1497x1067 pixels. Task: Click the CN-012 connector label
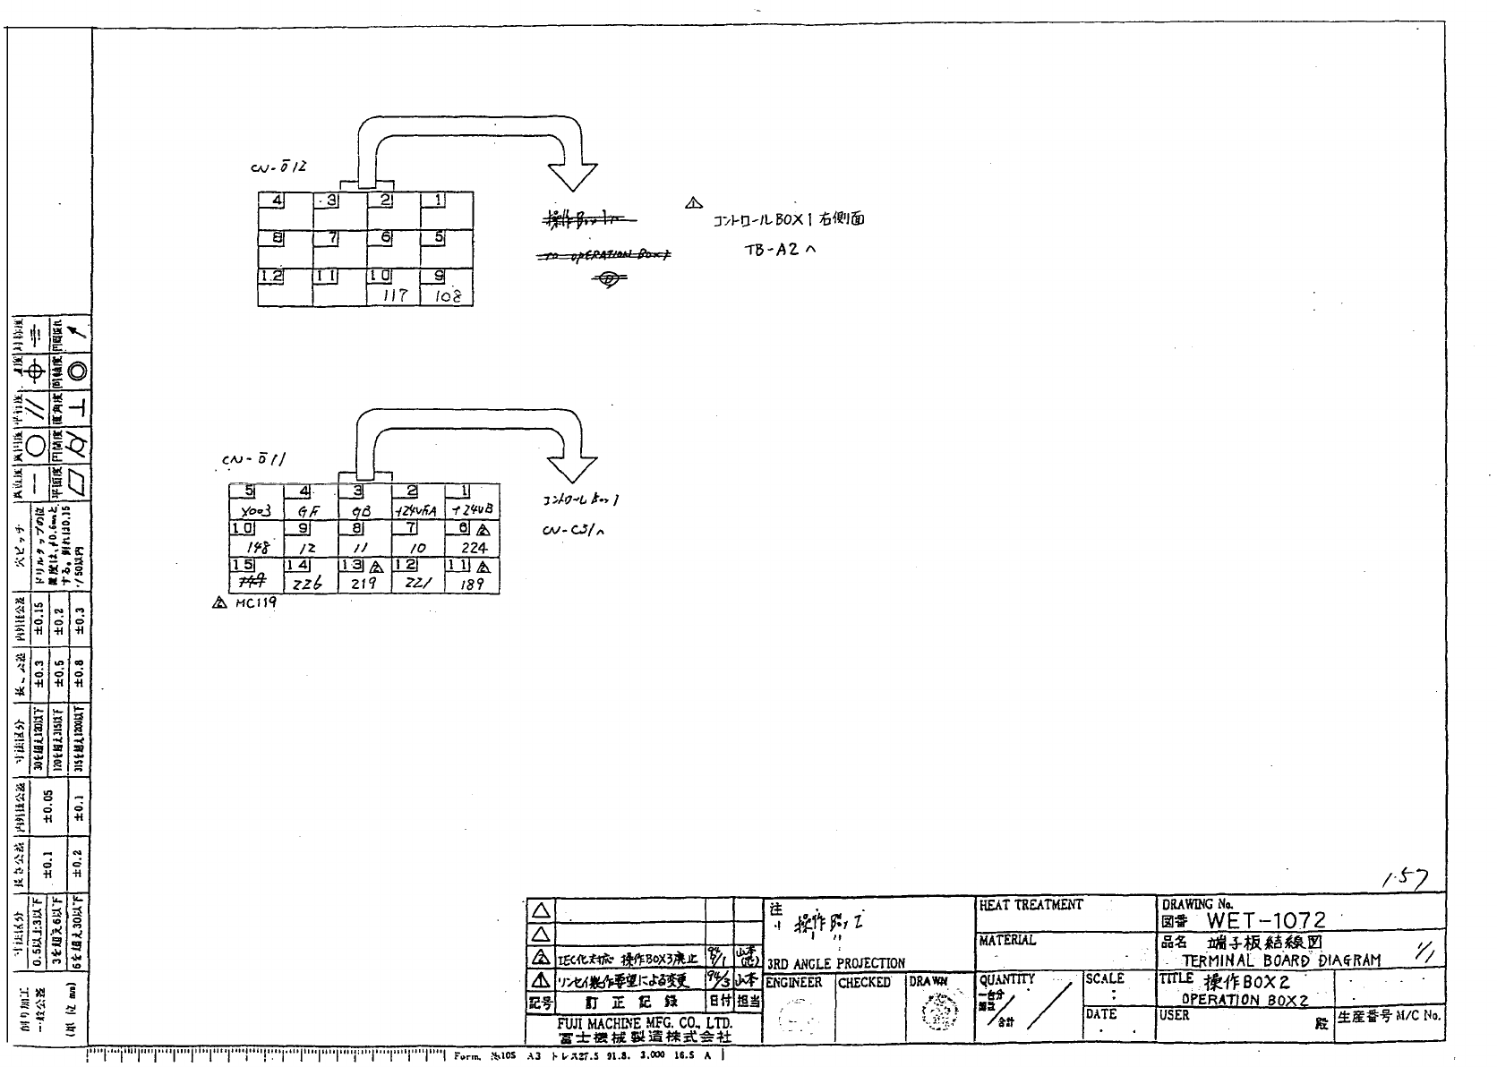[x=278, y=167]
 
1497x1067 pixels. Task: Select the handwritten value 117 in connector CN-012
[x=396, y=294]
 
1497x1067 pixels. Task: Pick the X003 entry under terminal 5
[x=255, y=510]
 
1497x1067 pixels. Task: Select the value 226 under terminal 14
[x=308, y=584]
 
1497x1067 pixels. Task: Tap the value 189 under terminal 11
[x=473, y=584]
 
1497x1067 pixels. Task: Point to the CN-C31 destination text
[x=574, y=529]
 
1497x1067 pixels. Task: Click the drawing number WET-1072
[x=1266, y=919]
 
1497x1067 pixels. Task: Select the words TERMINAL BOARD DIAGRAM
[x=1281, y=960]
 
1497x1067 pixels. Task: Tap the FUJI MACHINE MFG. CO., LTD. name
[x=645, y=1022]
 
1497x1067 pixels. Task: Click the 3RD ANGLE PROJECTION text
[x=835, y=963]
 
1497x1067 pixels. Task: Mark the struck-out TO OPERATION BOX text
[x=606, y=255]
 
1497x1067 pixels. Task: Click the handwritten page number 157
[x=1407, y=880]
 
